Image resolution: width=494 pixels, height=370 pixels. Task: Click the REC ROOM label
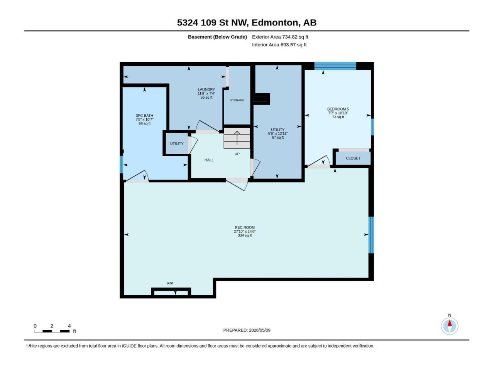tap(245, 227)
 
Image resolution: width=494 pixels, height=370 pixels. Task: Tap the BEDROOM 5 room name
tap(338, 109)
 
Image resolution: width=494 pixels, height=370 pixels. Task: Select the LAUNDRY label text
tap(206, 89)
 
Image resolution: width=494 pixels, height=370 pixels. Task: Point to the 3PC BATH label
tap(144, 116)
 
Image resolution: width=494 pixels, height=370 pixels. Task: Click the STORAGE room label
tap(237, 100)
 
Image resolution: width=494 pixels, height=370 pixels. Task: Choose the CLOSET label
tap(353, 158)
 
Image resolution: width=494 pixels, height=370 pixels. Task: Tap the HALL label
tap(209, 160)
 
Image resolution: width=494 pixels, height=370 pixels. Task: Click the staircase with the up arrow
tap(237, 138)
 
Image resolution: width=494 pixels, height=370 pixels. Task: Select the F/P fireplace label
tap(170, 284)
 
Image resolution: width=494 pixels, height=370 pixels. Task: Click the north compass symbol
tap(450, 326)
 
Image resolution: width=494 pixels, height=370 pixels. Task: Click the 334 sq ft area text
tap(245, 235)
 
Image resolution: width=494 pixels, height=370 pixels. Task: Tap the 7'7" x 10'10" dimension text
tap(338, 113)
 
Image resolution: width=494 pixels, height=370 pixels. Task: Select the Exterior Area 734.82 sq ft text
tap(280, 37)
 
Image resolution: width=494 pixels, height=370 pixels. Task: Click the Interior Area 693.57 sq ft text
tap(279, 45)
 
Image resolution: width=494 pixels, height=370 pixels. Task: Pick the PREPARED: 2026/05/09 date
tap(247, 330)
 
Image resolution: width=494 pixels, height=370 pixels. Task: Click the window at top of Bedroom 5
tap(335, 66)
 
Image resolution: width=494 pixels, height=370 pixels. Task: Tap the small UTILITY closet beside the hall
tap(177, 143)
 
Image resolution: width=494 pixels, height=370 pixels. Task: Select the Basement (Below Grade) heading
tap(217, 37)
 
